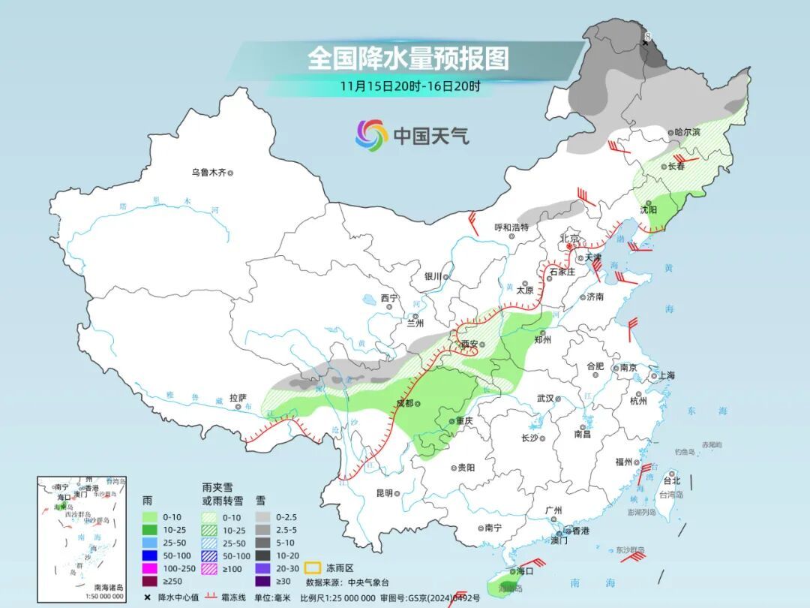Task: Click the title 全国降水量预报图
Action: tap(408, 58)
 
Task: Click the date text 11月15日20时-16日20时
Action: tap(409, 86)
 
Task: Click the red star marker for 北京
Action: tap(570, 245)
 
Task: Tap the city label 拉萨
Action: tap(238, 398)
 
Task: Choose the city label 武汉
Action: tap(546, 399)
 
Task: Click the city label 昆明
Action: tap(384, 493)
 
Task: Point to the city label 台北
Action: tap(672, 480)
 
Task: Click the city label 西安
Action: tap(469, 344)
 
